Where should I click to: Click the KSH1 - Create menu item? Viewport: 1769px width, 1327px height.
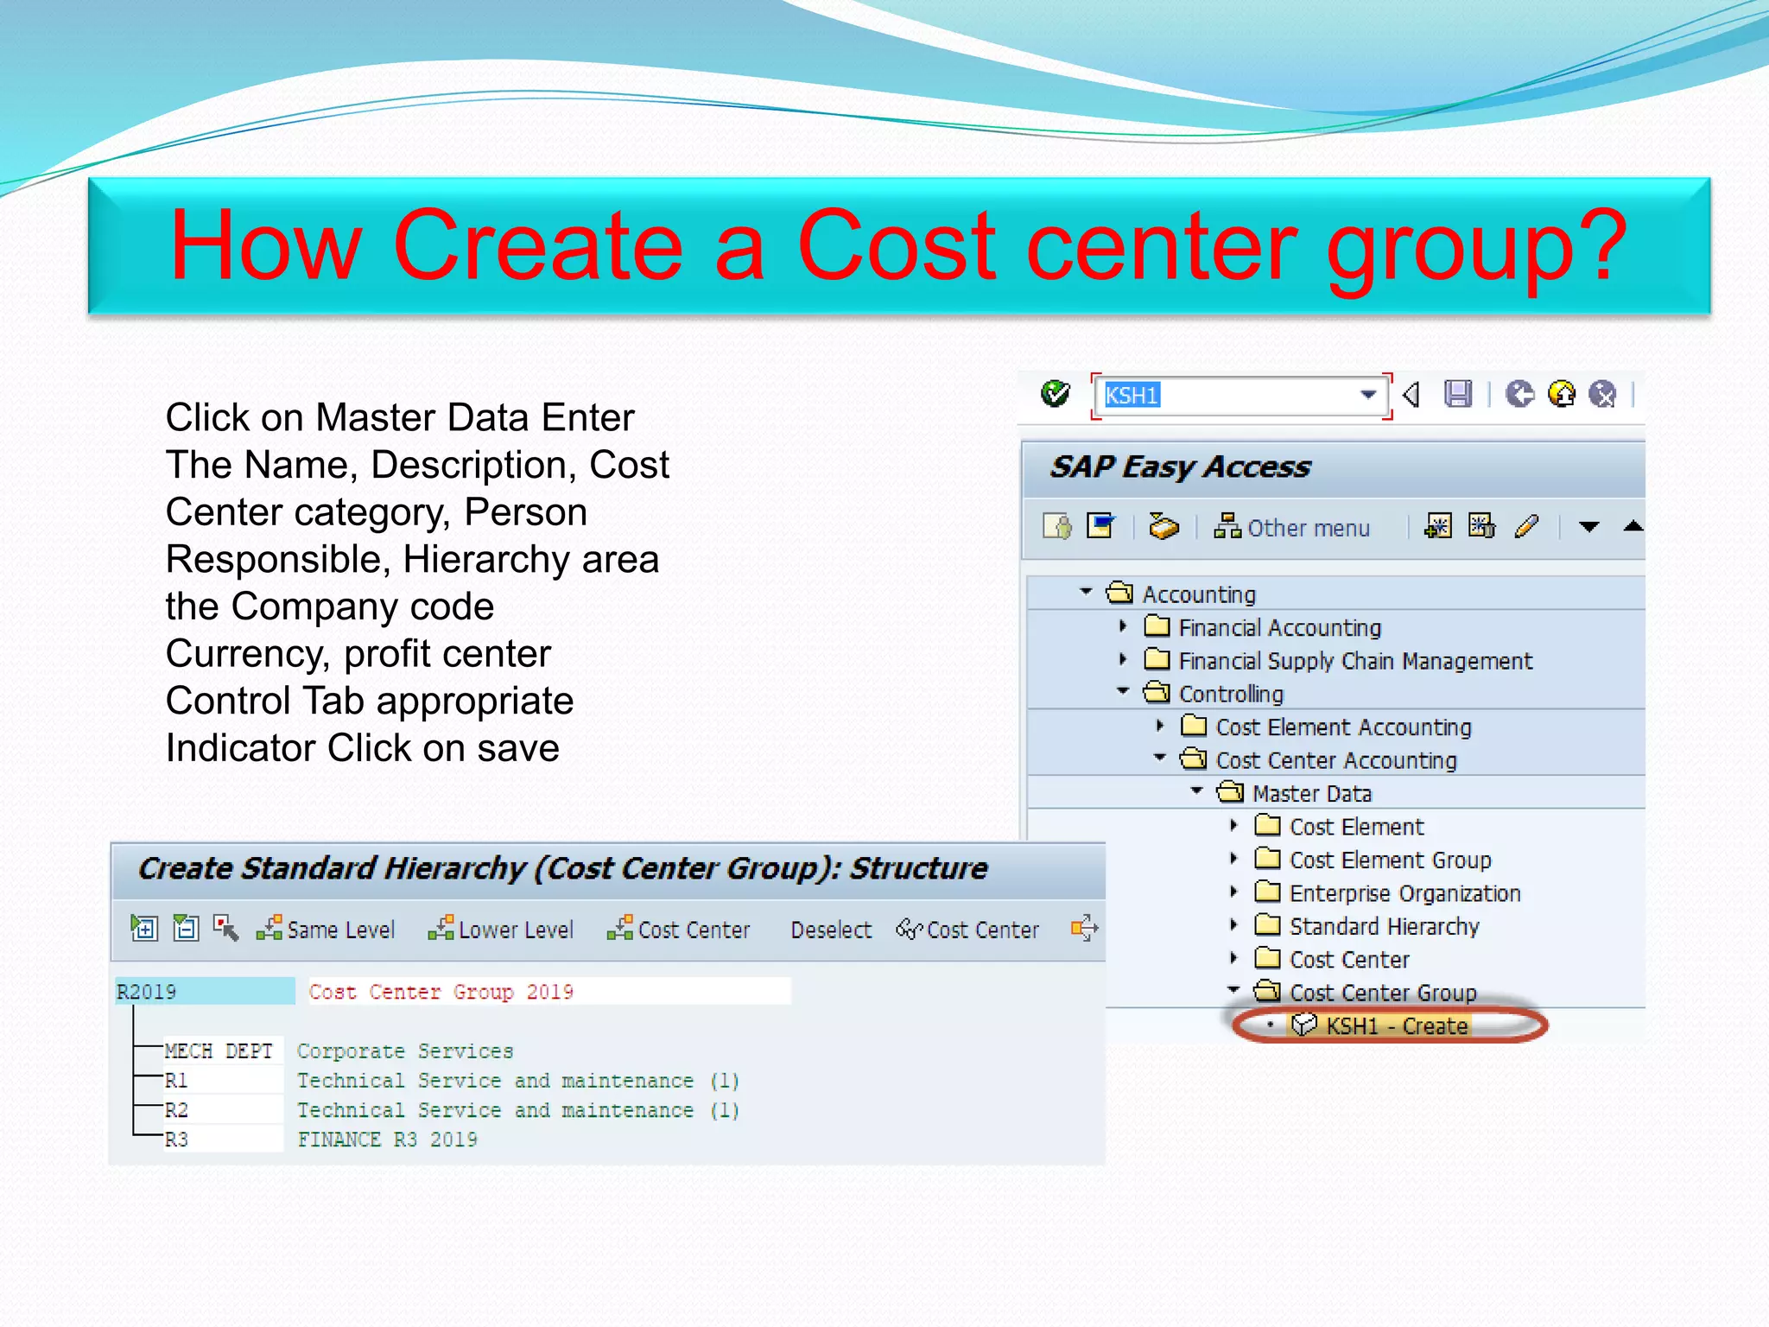point(1396,1026)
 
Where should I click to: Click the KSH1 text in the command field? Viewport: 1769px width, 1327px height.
point(1132,396)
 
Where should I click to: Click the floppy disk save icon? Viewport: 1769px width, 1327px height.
point(1458,394)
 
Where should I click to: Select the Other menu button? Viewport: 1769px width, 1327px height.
point(1292,528)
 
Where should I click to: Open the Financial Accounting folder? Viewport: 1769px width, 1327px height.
point(1278,628)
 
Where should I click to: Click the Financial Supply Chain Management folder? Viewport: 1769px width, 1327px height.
point(1354,662)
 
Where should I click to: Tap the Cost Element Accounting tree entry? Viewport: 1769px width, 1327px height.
point(1342,727)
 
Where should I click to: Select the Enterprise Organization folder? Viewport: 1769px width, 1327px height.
point(1404,893)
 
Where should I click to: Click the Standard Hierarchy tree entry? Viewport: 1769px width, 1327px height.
point(1384,927)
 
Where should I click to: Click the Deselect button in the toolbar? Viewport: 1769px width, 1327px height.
point(831,930)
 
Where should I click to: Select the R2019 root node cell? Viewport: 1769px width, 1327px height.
point(204,992)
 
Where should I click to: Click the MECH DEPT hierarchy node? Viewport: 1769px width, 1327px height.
point(219,1051)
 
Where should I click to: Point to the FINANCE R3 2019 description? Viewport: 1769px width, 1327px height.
point(387,1140)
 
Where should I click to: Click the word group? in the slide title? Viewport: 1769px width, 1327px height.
point(1477,246)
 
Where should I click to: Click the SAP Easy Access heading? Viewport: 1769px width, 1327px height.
point(1180,467)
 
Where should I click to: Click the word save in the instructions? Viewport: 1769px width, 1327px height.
point(517,748)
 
